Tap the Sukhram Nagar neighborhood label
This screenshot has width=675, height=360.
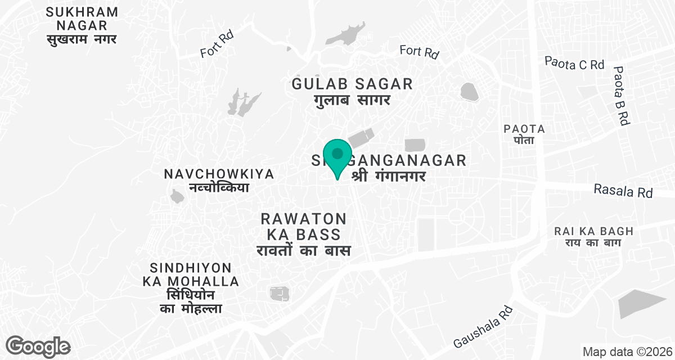coord(82,26)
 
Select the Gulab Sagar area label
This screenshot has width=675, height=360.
coord(352,92)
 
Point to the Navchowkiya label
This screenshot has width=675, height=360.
coord(219,181)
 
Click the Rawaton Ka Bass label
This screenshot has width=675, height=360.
coord(303,234)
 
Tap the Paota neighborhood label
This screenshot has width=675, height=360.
coord(524,134)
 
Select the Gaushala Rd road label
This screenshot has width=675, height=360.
coord(483,327)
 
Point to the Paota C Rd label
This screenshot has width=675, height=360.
coord(574,63)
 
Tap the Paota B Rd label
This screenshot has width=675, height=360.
coord(620,96)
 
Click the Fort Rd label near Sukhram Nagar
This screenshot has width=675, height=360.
coord(217,44)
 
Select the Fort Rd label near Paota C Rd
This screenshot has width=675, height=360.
coord(419,52)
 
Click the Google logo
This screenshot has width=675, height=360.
coord(38,346)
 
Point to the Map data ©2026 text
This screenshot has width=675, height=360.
coord(627,352)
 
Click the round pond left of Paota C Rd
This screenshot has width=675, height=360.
coord(469,91)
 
